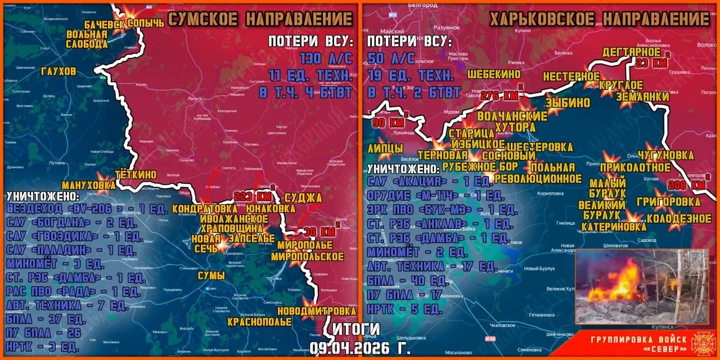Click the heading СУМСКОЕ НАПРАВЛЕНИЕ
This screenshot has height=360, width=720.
coord(260,19)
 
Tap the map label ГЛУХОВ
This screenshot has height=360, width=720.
coord(58,71)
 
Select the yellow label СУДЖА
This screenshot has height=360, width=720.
coord(303,197)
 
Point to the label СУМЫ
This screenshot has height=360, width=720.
coord(211,276)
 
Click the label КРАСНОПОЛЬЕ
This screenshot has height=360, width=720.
coord(259,322)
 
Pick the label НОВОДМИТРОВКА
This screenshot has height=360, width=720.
coord(317,310)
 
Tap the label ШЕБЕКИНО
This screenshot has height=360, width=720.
coord(494,74)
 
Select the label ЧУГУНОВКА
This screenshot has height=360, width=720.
coord(665,155)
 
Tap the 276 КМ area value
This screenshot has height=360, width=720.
coord(500,96)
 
